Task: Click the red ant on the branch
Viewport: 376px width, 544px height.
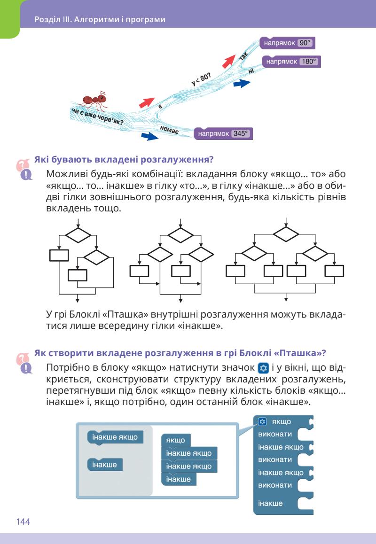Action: click(x=93, y=100)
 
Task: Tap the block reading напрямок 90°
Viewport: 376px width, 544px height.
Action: click(x=287, y=43)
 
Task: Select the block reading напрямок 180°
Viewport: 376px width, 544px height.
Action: click(x=291, y=62)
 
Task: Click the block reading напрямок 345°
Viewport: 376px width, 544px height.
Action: click(x=223, y=133)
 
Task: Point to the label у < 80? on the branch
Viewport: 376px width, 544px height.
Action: click(x=201, y=78)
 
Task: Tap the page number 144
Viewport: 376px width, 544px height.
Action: click(x=23, y=521)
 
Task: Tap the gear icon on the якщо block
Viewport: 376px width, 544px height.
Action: click(x=263, y=421)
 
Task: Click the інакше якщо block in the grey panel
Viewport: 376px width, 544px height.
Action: click(x=115, y=437)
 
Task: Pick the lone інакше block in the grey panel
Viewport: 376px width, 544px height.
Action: click(x=105, y=465)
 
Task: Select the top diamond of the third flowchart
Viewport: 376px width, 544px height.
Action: click(x=286, y=233)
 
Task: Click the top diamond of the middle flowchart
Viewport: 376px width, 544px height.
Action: click(x=180, y=233)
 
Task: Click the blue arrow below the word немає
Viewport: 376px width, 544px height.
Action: click(x=149, y=136)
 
